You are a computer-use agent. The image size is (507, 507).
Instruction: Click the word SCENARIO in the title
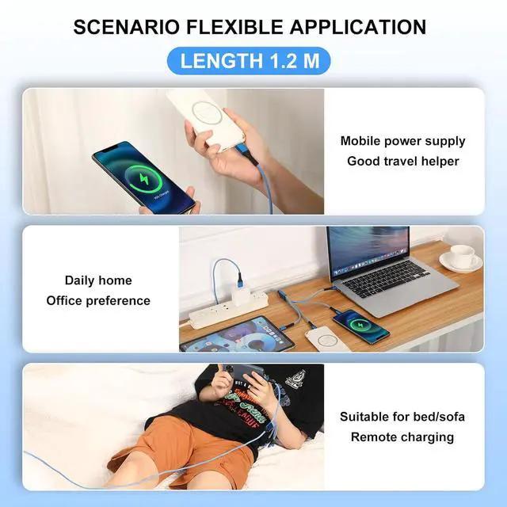coord(126,27)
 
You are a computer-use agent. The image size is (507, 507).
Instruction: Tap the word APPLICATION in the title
coord(357,27)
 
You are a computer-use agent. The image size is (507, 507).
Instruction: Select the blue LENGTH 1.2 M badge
coord(249,61)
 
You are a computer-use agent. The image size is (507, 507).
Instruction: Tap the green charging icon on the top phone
coord(143,179)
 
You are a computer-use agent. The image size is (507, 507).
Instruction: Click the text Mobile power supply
coord(403,141)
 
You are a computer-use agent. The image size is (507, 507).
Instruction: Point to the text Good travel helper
coord(403,161)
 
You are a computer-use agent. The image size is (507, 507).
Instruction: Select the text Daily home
coord(98,280)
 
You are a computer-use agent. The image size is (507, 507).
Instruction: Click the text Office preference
coord(98,301)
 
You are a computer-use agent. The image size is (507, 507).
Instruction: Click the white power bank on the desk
coord(326,340)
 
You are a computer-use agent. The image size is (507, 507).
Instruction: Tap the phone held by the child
coord(249,375)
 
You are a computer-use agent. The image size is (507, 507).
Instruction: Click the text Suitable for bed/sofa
coord(402,417)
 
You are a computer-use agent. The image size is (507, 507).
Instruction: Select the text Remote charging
coord(402,437)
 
